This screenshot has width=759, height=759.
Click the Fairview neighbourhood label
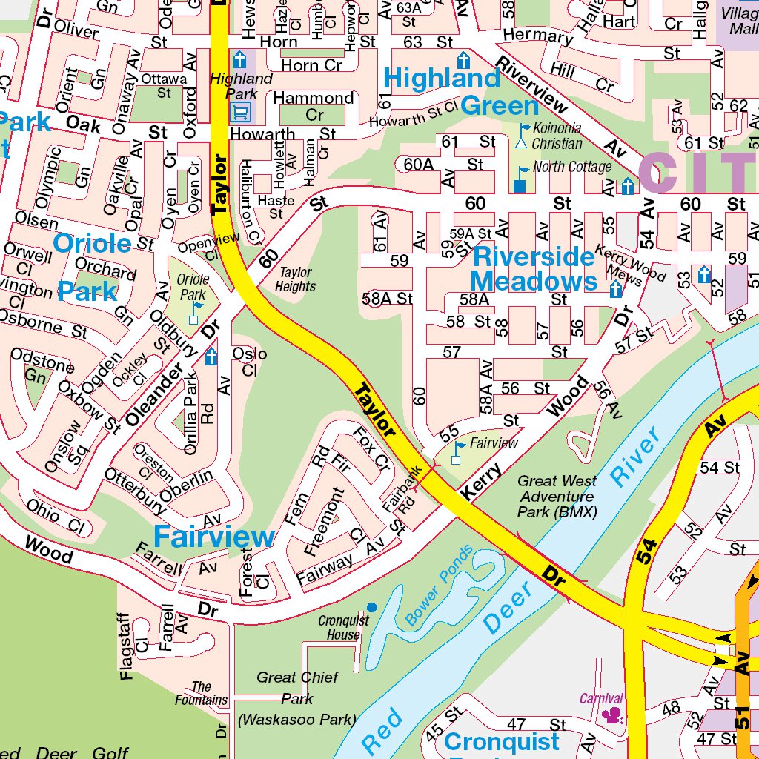point(213,537)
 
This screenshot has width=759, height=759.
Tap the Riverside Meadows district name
point(534,269)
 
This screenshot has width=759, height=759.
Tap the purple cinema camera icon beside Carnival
point(612,715)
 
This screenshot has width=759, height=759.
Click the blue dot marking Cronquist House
point(372,607)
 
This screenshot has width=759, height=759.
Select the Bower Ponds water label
point(439,586)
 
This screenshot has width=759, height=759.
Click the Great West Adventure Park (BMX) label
point(557,497)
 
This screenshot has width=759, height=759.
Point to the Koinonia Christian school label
point(556,136)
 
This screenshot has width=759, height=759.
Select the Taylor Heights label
point(295,279)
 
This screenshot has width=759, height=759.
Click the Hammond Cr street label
point(314,106)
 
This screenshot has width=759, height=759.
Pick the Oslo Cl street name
point(249,362)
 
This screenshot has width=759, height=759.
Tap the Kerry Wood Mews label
point(630,265)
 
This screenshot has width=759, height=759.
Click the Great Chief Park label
point(297,687)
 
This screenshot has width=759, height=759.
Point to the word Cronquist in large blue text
point(501,741)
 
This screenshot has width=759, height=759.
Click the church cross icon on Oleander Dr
point(211,357)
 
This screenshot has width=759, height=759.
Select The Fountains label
point(201,693)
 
